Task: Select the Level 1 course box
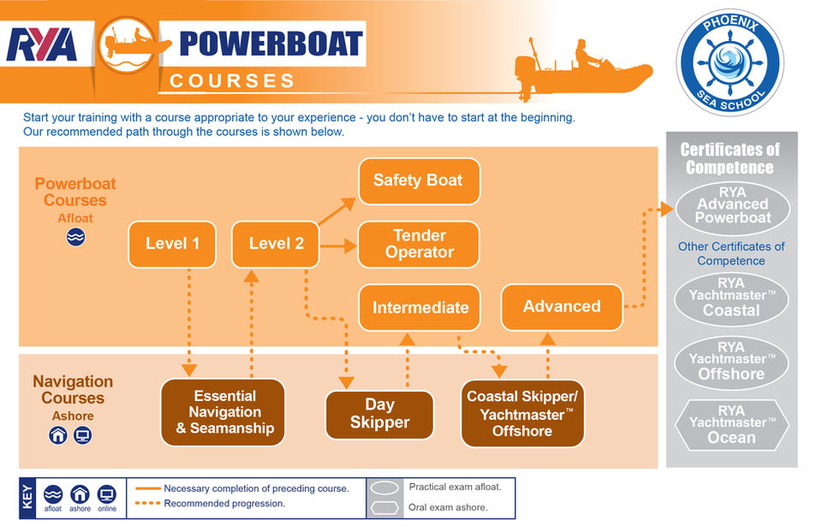click(x=172, y=244)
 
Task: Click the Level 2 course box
click(x=276, y=244)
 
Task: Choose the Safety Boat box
click(x=419, y=180)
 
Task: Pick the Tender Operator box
click(x=419, y=244)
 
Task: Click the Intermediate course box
click(x=420, y=307)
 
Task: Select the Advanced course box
click(x=562, y=306)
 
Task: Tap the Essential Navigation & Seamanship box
click(x=223, y=411)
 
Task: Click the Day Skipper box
click(x=379, y=414)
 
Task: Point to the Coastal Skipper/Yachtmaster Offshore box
click(x=522, y=413)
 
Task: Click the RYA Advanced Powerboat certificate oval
click(x=732, y=205)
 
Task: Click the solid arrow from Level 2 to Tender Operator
click(x=338, y=245)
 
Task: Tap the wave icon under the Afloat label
click(x=76, y=238)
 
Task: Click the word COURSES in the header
click(x=232, y=81)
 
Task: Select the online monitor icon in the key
click(x=106, y=494)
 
